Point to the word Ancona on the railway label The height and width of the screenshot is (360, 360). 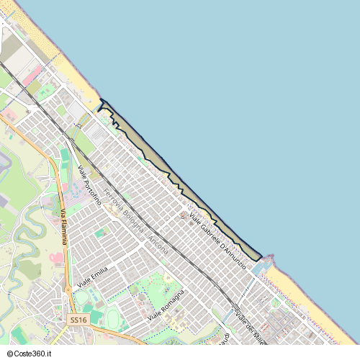(x=158, y=244)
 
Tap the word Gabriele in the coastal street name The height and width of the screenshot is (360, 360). (x=204, y=229)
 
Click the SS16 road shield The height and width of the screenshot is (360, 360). (x=78, y=319)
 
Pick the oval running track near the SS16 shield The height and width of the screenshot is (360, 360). (x=114, y=317)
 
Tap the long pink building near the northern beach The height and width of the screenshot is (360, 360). (x=32, y=74)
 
